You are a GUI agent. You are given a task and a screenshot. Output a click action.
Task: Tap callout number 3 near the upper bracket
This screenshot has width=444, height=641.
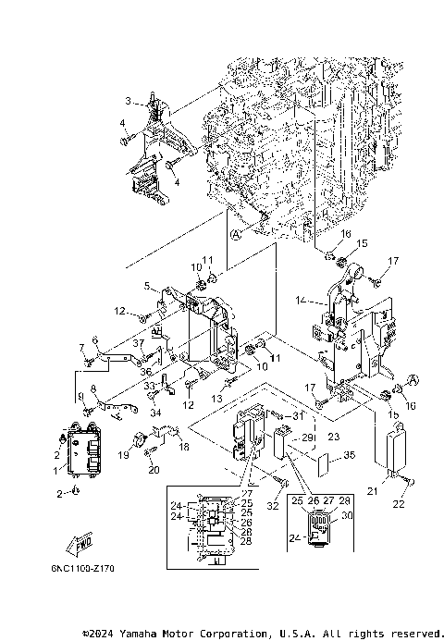pyautogui.click(x=129, y=100)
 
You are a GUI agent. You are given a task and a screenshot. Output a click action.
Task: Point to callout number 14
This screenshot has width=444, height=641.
pyautogui.click(x=299, y=300)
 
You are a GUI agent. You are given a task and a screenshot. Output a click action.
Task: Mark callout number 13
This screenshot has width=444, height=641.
pyautogui.click(x=219, y=399)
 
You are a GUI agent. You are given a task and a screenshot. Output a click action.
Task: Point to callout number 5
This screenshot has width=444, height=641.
pyautogui.click(x=147, y=286)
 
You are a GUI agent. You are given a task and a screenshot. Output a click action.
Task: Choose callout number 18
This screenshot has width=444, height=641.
pyautogui.click(x=183, y=446)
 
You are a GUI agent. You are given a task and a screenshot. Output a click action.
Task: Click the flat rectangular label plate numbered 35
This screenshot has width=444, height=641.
pyautogui.click(x=318, y=456)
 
